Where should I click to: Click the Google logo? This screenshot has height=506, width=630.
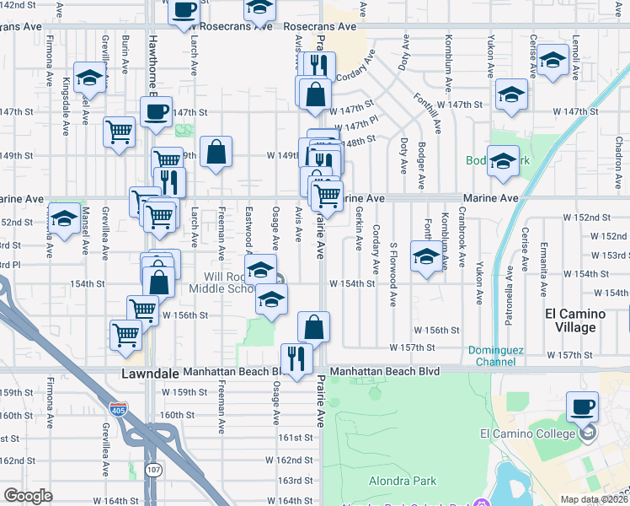point(28,496)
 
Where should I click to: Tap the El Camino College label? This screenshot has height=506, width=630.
point(525,433)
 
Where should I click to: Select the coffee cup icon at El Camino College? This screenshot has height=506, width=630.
point(582,408)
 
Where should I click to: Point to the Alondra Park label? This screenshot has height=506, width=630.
point(403,481)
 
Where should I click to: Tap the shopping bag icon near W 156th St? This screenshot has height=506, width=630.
point(313,327)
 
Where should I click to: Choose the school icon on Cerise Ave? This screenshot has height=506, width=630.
point(553,61)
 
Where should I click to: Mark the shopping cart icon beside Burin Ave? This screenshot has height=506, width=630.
point(119,132)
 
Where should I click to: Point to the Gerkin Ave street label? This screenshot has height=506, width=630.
point(360,229)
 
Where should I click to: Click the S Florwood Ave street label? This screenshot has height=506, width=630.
point(393,274)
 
